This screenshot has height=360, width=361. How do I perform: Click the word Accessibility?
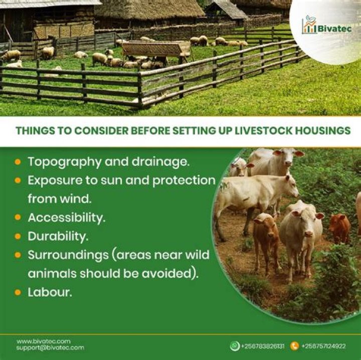(66, 218)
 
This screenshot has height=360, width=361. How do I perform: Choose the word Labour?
(50, 292)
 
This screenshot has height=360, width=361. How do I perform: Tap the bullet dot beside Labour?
(18, 292)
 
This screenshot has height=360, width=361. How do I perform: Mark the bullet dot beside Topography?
(18, 162)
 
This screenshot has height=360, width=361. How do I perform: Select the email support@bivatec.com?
(50, 347)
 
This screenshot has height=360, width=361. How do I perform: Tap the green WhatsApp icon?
(234, 346)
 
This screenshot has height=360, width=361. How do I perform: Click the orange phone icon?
(294, 346)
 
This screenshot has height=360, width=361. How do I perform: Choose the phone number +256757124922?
(323, 346)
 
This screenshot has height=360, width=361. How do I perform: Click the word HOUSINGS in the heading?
(323, 131)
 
